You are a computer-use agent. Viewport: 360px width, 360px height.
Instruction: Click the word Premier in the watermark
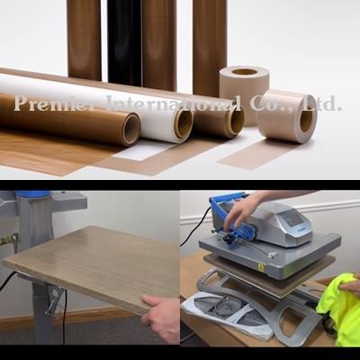tap(54, 103)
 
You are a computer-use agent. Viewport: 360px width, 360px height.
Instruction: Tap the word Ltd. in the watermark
tap(322, 103)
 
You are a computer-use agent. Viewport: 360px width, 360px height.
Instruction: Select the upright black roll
tap(124, 42)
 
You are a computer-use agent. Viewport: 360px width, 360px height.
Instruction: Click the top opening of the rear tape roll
tap(245, 72)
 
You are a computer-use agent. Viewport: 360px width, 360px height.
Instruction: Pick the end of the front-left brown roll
tap(131, 129)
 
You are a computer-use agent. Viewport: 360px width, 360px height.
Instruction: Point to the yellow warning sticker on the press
tap(259, 266)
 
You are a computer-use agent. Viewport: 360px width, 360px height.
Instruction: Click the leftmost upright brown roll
tap(84, 40)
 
